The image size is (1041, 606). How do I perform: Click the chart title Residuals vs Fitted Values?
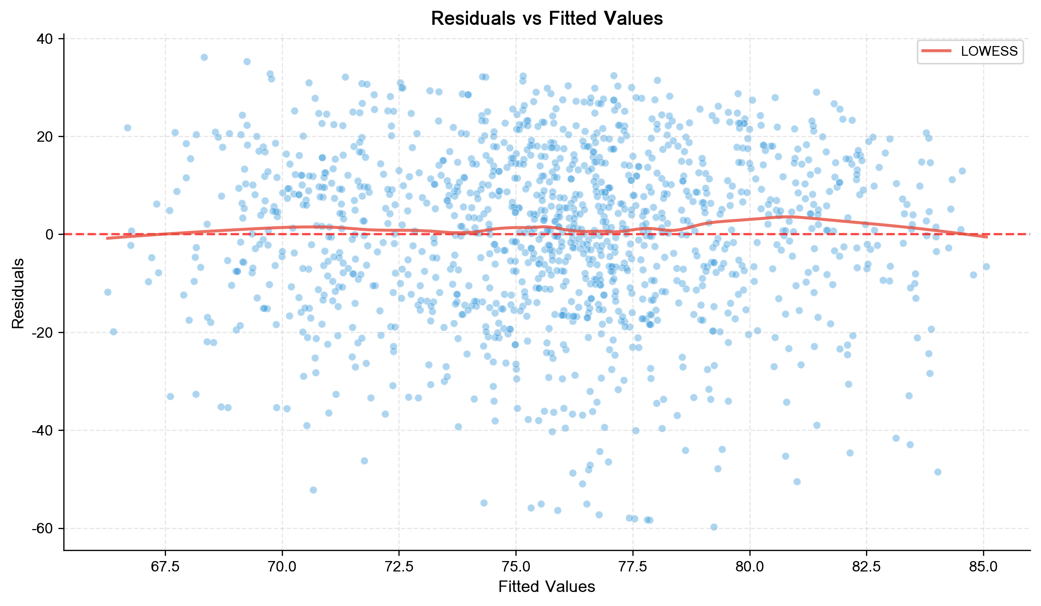[x=546, y=19]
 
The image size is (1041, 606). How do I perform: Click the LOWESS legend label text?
[x=989, y=51]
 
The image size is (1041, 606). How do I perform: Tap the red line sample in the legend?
[x=937, y=51]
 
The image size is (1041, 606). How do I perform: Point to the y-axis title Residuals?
[x=18, y=293]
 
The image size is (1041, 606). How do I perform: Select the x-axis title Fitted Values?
[x=546, y=587]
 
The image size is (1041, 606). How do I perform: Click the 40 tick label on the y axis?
[x=45, y=39]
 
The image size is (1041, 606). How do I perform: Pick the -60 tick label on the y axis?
[x=43, y=529]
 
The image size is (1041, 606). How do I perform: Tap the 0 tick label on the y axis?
[x=49, y=235]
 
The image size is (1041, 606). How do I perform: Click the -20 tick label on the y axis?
[x=43, y=333]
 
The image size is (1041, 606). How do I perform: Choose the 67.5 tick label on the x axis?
[x=165, y=566]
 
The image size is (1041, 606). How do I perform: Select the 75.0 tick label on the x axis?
[x=515, y=566]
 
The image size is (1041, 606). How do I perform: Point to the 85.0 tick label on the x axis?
[x=983, y=566]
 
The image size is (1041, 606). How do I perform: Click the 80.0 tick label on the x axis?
[x=749, y=566]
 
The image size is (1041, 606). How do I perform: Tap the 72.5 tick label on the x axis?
[x=399, y=566]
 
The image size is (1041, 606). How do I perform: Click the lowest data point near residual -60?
[x=714, y=527]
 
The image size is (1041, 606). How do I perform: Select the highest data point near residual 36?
[x=204, y=58]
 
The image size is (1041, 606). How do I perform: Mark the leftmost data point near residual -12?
[x=108, y=292]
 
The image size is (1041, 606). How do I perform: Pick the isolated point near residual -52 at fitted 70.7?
[x=313, y=490]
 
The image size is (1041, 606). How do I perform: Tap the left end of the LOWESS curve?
[x=107, y=238]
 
